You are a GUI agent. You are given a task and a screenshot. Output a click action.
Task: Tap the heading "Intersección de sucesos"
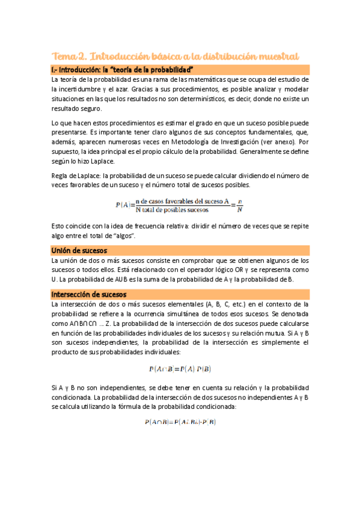88,294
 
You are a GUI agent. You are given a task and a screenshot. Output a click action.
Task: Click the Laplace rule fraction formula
180,206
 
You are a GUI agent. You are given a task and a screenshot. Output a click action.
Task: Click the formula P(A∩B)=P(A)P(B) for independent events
180,369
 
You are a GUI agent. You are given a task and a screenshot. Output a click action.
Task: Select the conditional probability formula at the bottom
180,423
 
